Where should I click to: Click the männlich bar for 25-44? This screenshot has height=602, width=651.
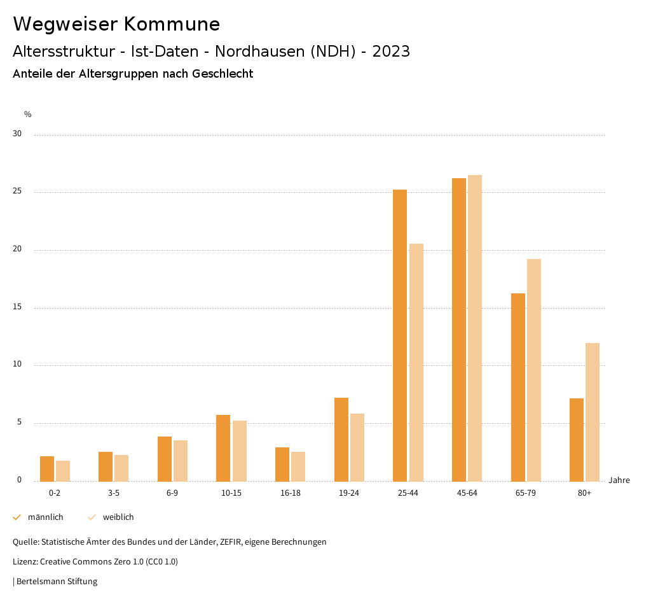point(400,335)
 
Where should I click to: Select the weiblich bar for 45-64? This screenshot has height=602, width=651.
point(475,328)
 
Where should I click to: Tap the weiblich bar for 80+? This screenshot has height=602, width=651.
point(593,412)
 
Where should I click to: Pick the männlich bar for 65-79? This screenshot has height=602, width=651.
point(518,387)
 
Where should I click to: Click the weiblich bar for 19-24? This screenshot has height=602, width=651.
point(357,447)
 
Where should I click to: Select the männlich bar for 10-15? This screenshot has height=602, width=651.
point(223,448)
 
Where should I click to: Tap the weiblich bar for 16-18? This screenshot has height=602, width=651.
point(298,466)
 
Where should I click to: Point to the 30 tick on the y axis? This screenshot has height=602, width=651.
point(17,134)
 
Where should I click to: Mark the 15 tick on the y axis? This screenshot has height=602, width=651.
point(17,307)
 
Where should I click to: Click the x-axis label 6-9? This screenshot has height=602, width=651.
point(172,493)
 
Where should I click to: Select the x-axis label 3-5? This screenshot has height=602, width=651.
point(113,493)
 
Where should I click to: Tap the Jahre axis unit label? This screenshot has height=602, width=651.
point(619,480)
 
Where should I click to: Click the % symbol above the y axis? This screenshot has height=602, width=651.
point(28,115)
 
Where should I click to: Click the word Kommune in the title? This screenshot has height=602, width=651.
point(172,24)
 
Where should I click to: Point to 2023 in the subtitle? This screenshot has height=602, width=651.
point(391,52)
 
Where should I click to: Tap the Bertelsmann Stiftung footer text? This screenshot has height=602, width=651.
point(57,582)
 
